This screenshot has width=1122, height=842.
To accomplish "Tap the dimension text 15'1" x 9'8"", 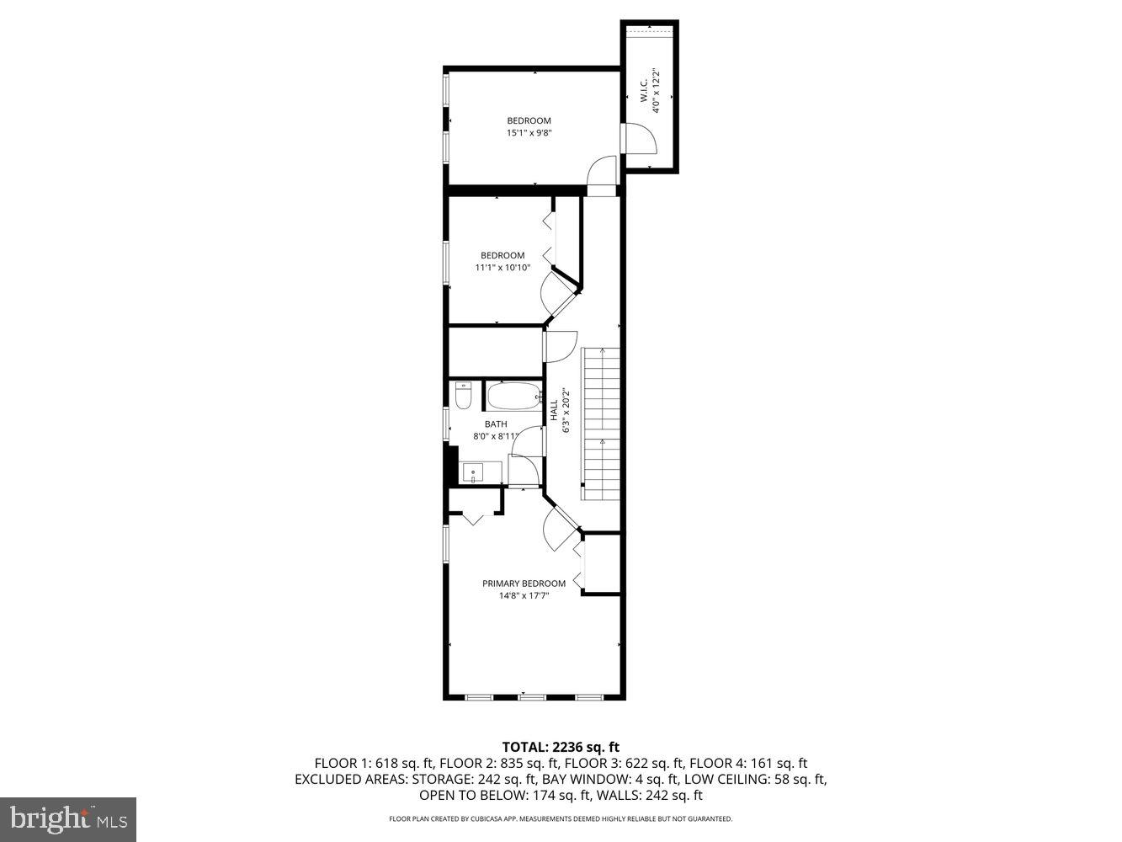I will pyautogui.click(x=529, y=133).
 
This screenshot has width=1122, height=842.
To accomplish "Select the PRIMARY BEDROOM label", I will pyautogui.click(x=524, y=584).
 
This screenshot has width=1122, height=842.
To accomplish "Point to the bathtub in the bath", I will pyautogui.click(x=513, y=396).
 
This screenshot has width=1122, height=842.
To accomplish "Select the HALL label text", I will pyautogui.click(x=554, y=411).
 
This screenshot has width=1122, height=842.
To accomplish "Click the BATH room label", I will pyautogui.click(x=496, y=424).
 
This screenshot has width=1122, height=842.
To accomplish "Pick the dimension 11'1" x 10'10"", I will pyautogui.click(x=503, y=268).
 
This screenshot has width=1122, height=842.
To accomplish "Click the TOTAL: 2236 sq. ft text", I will pyautogui.click(x=561, y=746).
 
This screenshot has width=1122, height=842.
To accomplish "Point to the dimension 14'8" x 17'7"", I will pyautogui.click(x=524, y=596).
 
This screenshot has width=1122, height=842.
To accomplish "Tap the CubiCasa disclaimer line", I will pyautogui.click(x=561, y=818).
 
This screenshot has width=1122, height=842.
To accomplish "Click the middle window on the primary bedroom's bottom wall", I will pyautogui.click(x=532, y=696).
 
